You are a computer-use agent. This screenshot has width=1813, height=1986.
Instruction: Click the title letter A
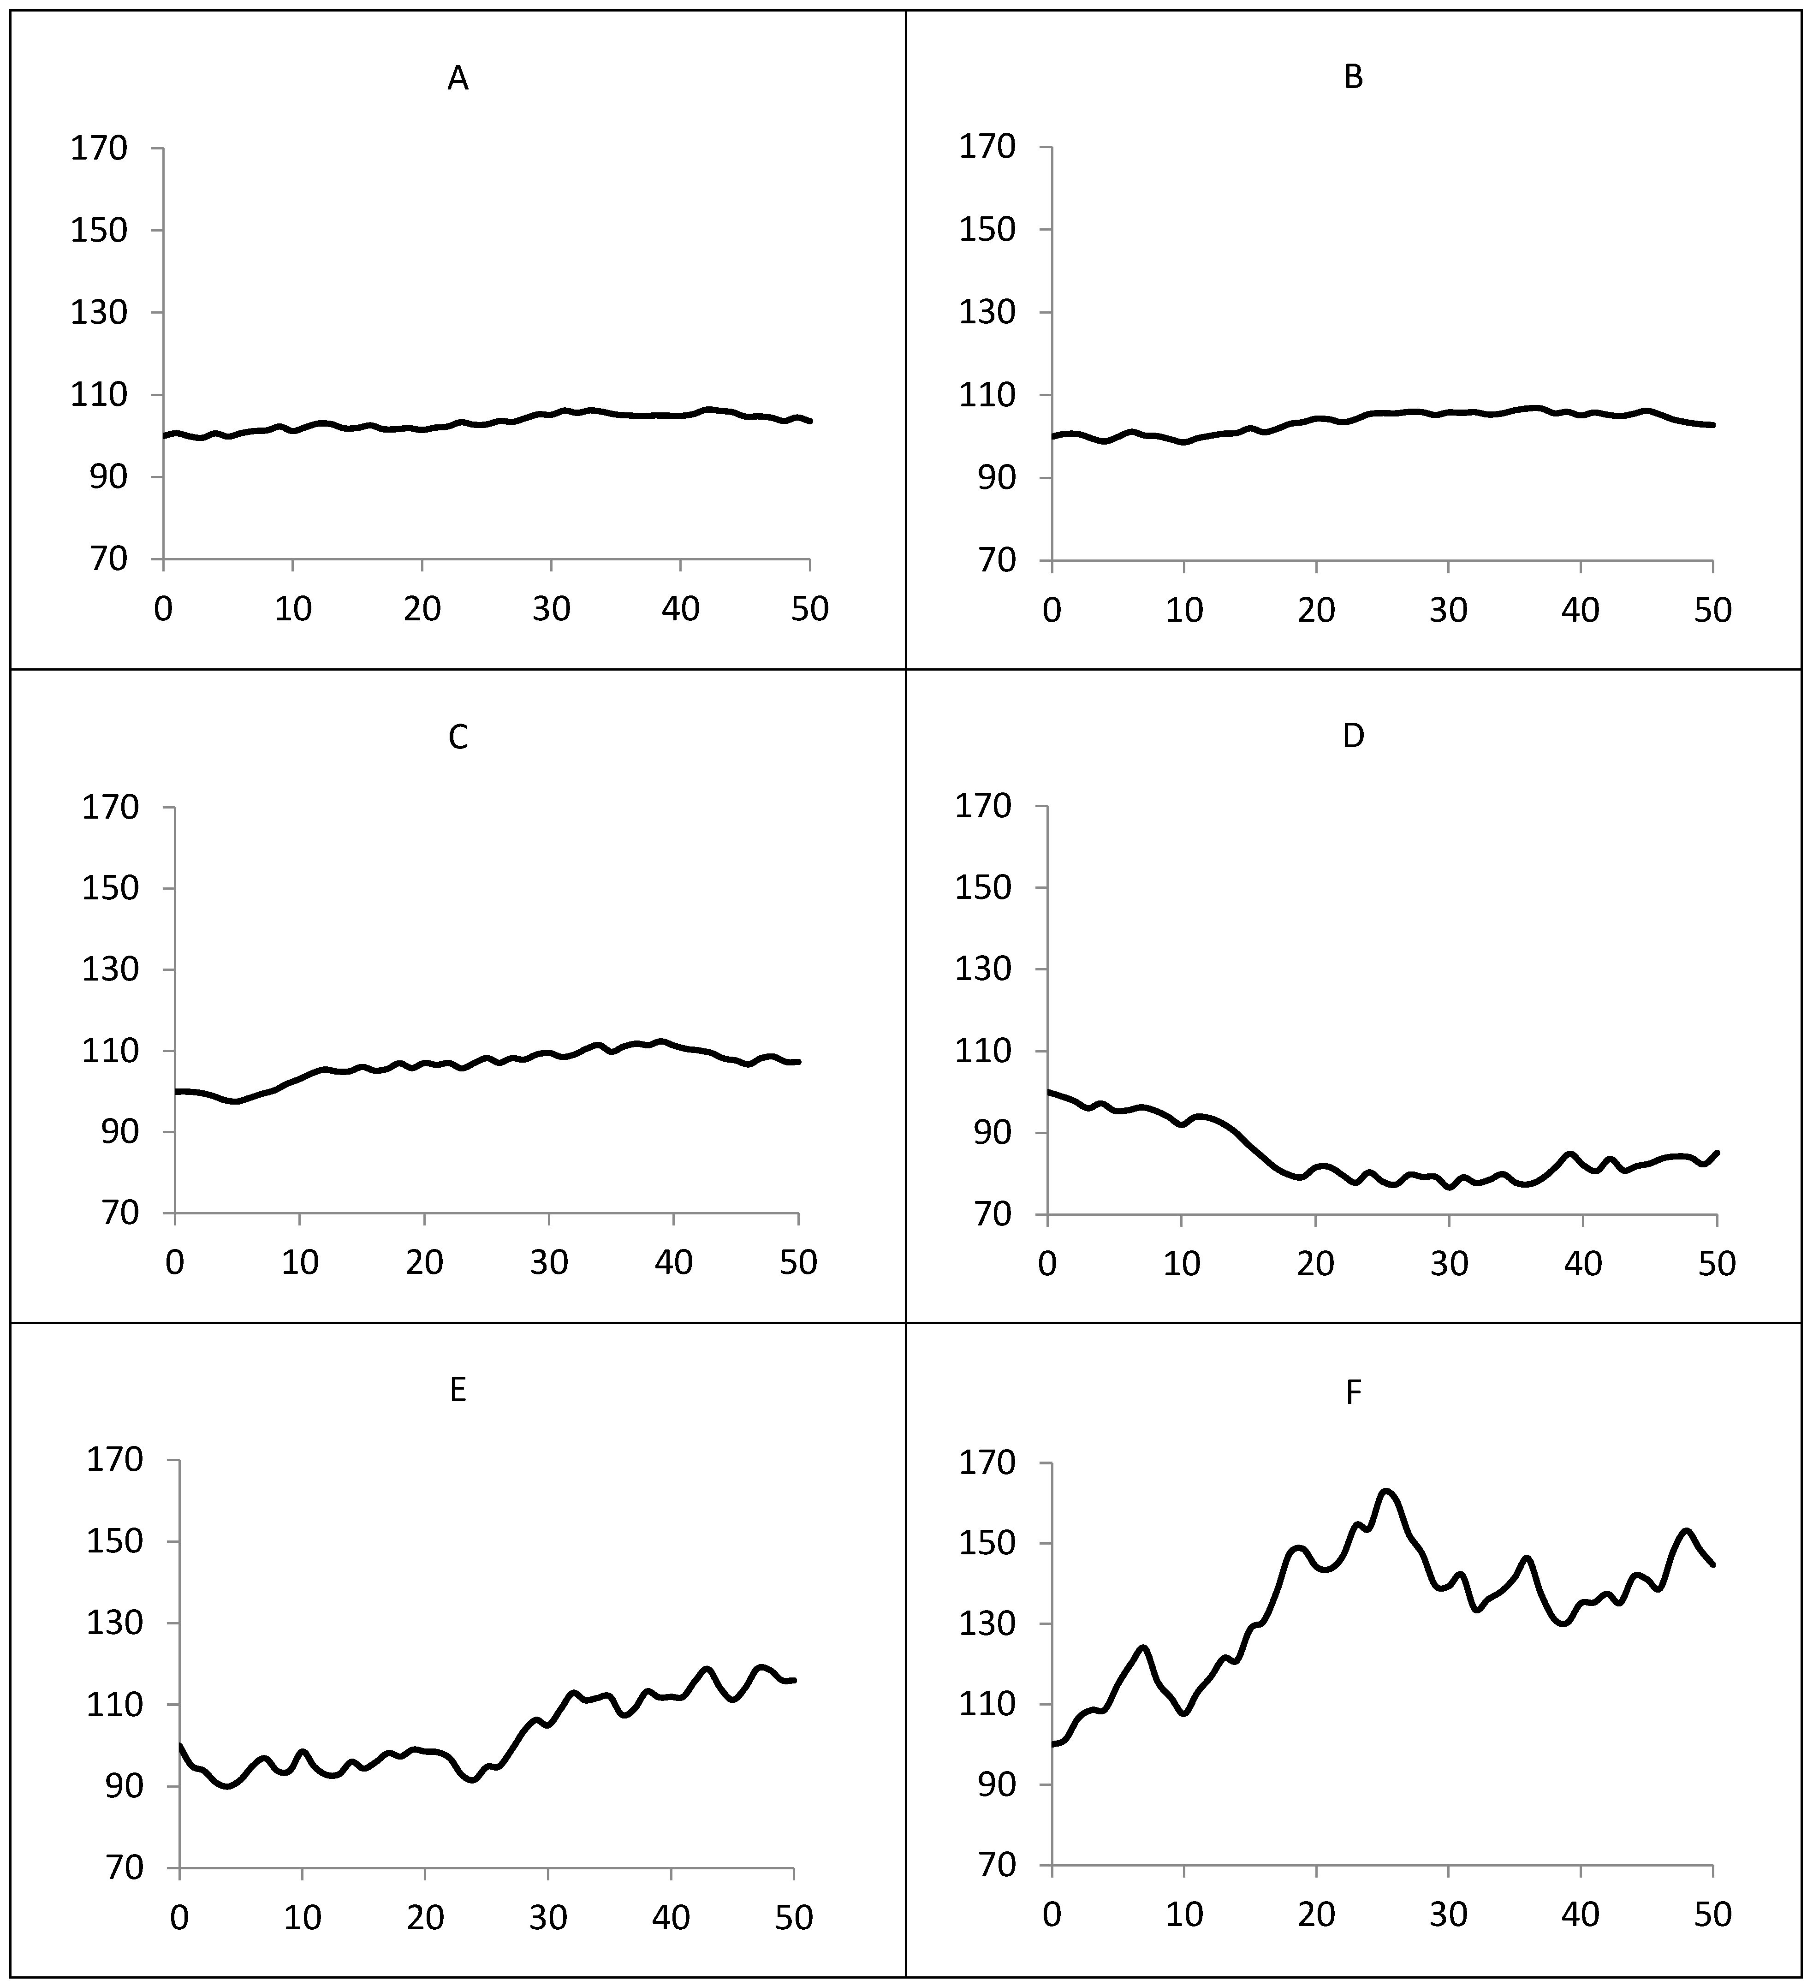pos(457,79)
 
